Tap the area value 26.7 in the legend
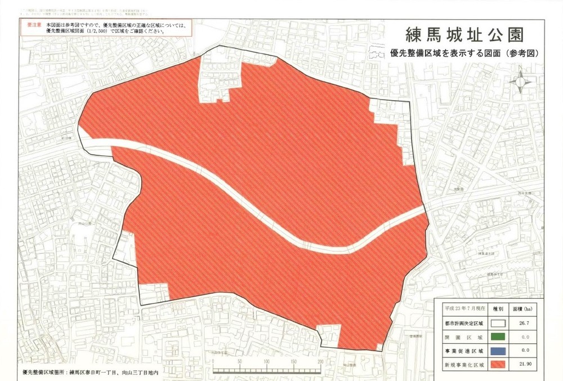coord(525,324)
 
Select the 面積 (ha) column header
coord(525,309)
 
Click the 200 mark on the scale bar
coord(320,361)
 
